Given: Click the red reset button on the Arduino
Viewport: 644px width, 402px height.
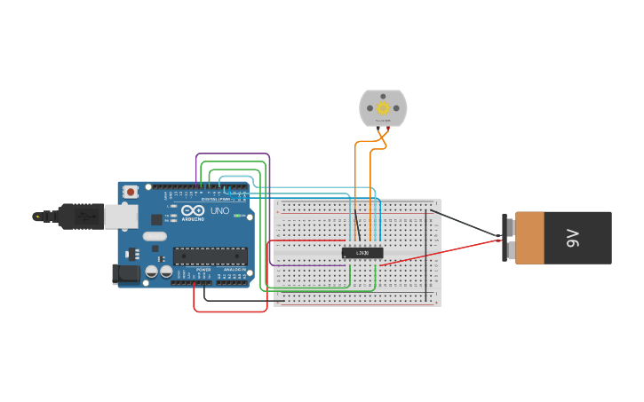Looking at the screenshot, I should pyautogui.click(x=131, y=191).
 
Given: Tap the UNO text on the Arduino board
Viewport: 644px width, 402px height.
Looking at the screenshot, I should pyautogui.click(x=219, y=211).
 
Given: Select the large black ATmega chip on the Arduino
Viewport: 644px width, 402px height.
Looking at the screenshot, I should pyautogui.click(x=210, y=256).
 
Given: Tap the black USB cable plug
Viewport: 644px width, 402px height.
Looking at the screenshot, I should pyautogui.click(x=80, y=216).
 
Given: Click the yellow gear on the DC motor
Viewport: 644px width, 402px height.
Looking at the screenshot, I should pyautogui.click(x=383, y=107).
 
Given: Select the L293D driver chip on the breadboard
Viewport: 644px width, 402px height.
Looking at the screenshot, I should pyautogui.click(x=362, y=253).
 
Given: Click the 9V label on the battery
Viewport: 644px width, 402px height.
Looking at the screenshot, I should pyautogui.click(x=573, y=238).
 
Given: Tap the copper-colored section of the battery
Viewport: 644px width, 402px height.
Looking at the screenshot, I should pyautogui.click(x=530, y=238).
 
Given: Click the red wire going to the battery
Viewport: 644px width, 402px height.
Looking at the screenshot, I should pyautogui.click(x=444, y=250).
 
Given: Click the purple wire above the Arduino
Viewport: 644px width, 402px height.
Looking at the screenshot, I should pyautogui.click(x=231, y=154).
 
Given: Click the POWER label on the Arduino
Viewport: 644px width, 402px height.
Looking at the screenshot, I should pyautogui.click(x=203, y=269).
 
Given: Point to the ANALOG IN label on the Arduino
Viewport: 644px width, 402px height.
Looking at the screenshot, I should pyautogui.click(x=235, y=269).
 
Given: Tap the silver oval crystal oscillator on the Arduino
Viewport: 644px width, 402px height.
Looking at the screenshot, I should pyautogui.click(x=154, y=236).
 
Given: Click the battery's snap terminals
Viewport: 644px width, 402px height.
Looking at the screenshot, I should pyautogui.click(x=507, y=238).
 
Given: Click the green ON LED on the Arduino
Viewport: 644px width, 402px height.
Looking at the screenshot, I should pyautogui.click(x=237, y=216).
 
